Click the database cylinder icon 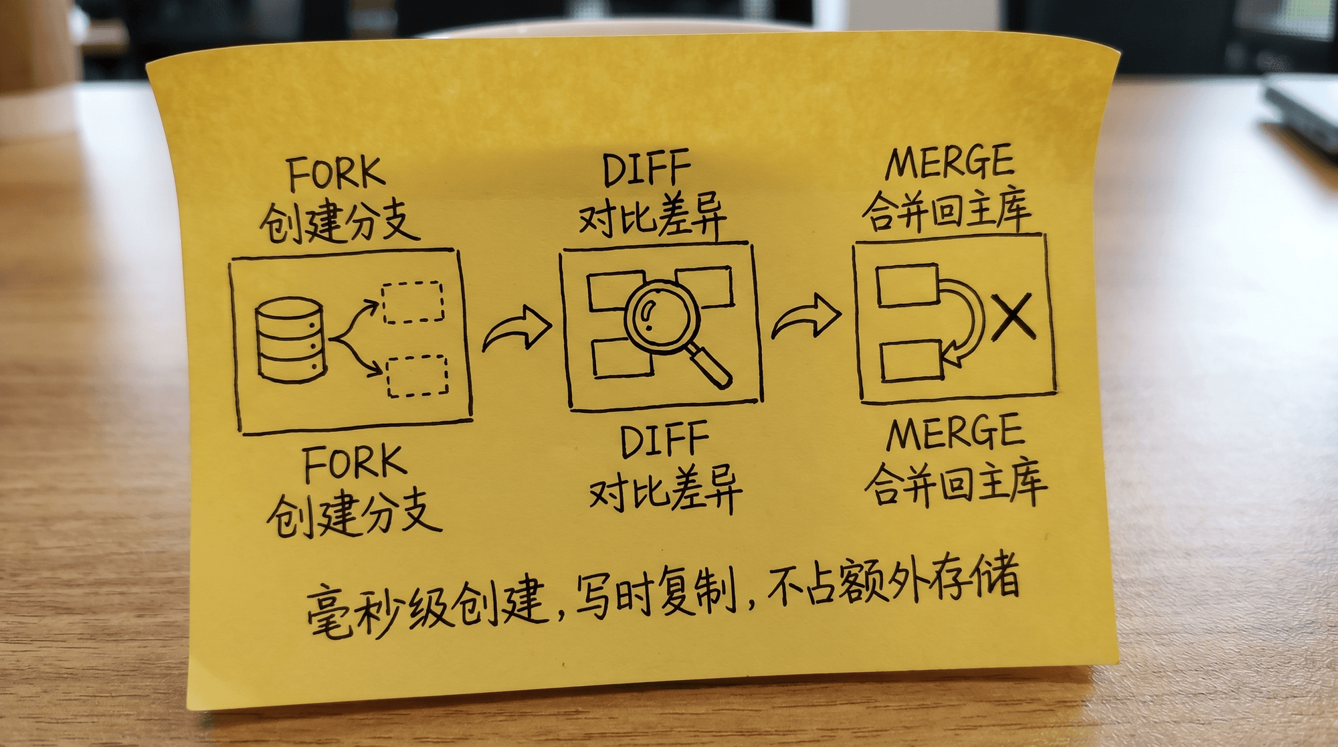pyautogui.click(x=290, y=340)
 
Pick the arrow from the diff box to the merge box pyautogui.click(x=806, y=317)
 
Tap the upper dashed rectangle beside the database pyautogui.click(x=412, y=302)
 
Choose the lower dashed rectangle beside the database pyautogui.click(x=417, y=376)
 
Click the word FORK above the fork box pyautogui.click(x=336, y=174)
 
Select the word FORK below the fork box pyautogui.click(x=355, y=463)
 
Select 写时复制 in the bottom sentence pyautogui.click(x=656, y=593)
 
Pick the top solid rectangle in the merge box pyautogui.click(x=908, y=286)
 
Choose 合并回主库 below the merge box pyautogui.click(x=955, y=483)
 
